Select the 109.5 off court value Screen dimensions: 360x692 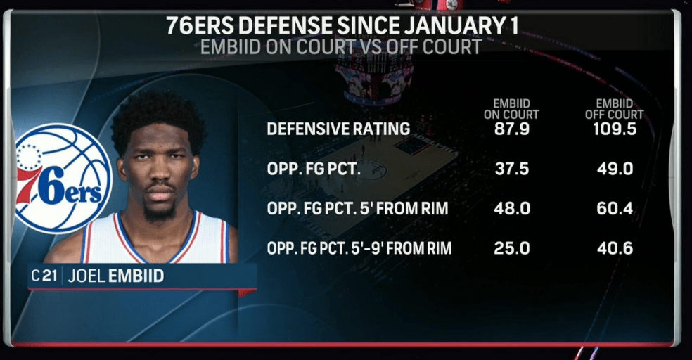coord(614,129)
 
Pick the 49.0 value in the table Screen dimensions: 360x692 coord(614,169)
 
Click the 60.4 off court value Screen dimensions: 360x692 coord(614,209)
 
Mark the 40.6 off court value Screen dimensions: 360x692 coord(614,248)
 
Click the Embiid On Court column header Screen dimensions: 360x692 coord(511,108)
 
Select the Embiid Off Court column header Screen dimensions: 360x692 coord(614,108)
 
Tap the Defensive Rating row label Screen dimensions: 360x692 coord(338,129)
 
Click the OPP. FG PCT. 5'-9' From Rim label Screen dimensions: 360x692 coord(359,248)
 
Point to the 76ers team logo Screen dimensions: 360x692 coord(62,179)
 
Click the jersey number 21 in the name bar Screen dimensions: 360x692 coord(50,276)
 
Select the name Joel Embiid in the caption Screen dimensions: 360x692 coord(116,276)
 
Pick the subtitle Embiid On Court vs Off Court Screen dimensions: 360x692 coord(341,48)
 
